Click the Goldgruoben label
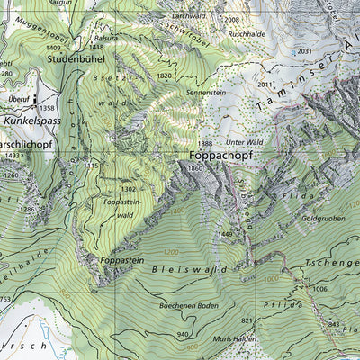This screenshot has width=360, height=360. pyautogui.click(x=323, y=218)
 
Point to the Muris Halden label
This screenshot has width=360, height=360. pyautogui.click(x=235, y=338)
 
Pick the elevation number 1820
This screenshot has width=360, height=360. pyautogui.click(x=164, y=76)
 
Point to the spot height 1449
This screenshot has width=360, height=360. pyautogui.click(x=225, y=234)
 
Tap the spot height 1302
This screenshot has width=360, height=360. pyautogui.click(x=129, y=189)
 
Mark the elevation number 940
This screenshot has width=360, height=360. pyautogui.click(x=184, y=334)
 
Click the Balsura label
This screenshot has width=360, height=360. pyautogui.click(x=104, y=40)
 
